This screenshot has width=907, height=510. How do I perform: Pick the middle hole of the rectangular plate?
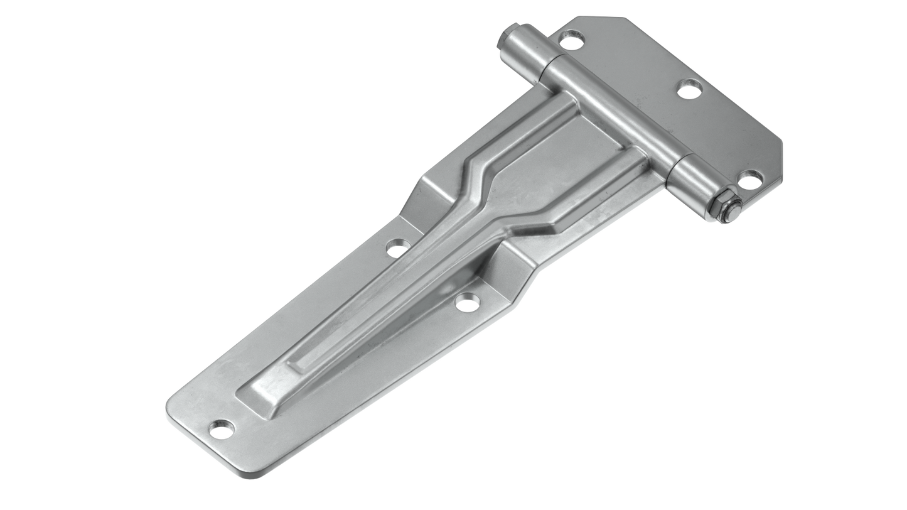tap(689, 89)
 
